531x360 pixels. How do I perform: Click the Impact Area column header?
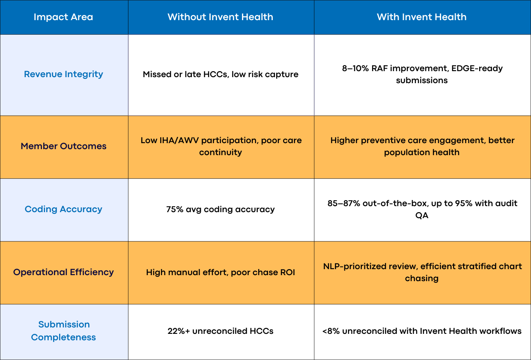[63, 18]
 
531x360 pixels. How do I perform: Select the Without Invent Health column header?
[220, 18]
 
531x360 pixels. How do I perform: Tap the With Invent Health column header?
[422, 18]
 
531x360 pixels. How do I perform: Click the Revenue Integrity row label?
[63, 74]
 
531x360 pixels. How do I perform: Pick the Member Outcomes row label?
[63, 146]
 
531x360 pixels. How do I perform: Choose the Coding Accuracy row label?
[63, 209]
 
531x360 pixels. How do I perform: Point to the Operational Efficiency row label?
[63, 272]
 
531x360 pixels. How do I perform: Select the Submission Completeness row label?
[63, 331]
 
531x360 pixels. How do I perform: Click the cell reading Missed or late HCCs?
[221, 75]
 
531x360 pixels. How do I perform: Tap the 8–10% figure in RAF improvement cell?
[356, 69]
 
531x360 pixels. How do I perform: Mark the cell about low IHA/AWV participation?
[221, 146]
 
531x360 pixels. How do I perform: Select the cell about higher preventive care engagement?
[422, 146]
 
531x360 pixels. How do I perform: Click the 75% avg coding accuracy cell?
[221, 210]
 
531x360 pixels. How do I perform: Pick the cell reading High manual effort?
[221, 272]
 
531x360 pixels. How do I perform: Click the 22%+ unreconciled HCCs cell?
[221, 331]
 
